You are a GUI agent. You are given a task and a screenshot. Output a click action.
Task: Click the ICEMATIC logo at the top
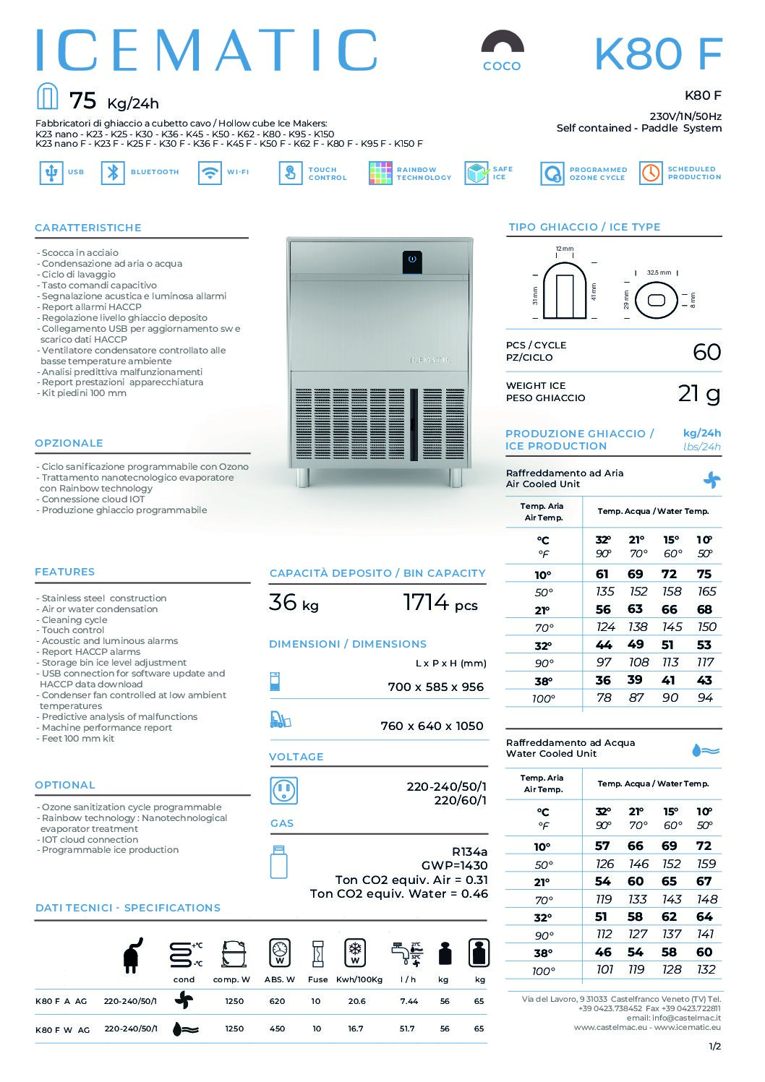pos(207,51)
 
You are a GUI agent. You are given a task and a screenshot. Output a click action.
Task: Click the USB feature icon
pos(51,173)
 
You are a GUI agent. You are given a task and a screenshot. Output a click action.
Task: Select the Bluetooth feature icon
pos(113,173)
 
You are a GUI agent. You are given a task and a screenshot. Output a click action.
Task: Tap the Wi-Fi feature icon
pos(210,173)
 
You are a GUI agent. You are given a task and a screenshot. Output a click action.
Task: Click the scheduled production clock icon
pos(651,173)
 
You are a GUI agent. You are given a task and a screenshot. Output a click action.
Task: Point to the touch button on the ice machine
pos(412,259)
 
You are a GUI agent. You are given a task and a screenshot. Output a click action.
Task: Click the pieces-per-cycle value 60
pos(706,352)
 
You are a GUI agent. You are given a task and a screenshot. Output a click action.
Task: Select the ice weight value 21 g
pos(698,393)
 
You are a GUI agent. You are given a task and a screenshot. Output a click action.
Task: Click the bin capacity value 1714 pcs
pos(440,602)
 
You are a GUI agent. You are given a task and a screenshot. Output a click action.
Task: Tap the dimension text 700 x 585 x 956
pos(435,687)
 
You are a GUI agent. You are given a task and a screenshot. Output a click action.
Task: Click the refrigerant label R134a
pos(469,851)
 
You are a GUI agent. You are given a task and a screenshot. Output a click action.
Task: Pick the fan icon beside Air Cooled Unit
pos(711,479)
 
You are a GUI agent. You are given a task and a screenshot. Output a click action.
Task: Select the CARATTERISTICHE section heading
pos(88,228)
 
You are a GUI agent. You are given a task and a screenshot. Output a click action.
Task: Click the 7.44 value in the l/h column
pos(409,1001)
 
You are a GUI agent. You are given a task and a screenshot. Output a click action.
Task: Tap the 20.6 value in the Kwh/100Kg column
pos(356,1001)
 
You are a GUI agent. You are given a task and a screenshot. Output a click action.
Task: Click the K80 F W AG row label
pos(62,1029)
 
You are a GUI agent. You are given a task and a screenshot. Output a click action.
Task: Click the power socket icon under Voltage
pos(283,791)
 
